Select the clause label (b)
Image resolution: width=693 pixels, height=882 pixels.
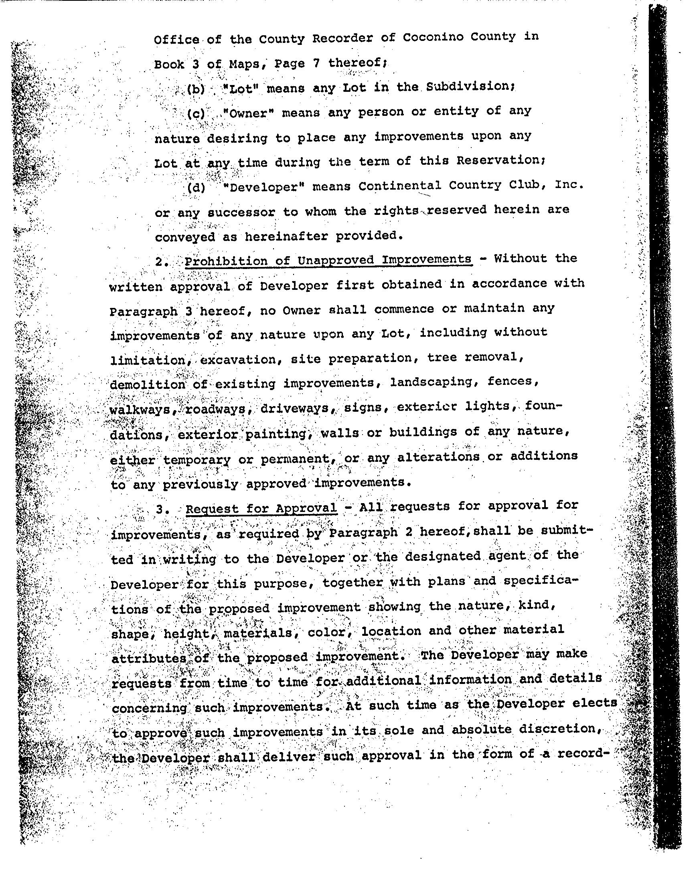[x=196, y=89]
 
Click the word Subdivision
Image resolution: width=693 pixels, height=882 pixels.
[x=470, y=87]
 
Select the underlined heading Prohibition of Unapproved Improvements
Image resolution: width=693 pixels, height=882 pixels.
[x=328, y=260]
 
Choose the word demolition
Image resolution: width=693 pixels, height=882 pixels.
[x=148, y=384]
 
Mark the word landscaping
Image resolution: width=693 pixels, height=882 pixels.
[x=435, y=382]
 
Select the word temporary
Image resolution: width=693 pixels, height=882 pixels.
[x=197, y=460]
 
